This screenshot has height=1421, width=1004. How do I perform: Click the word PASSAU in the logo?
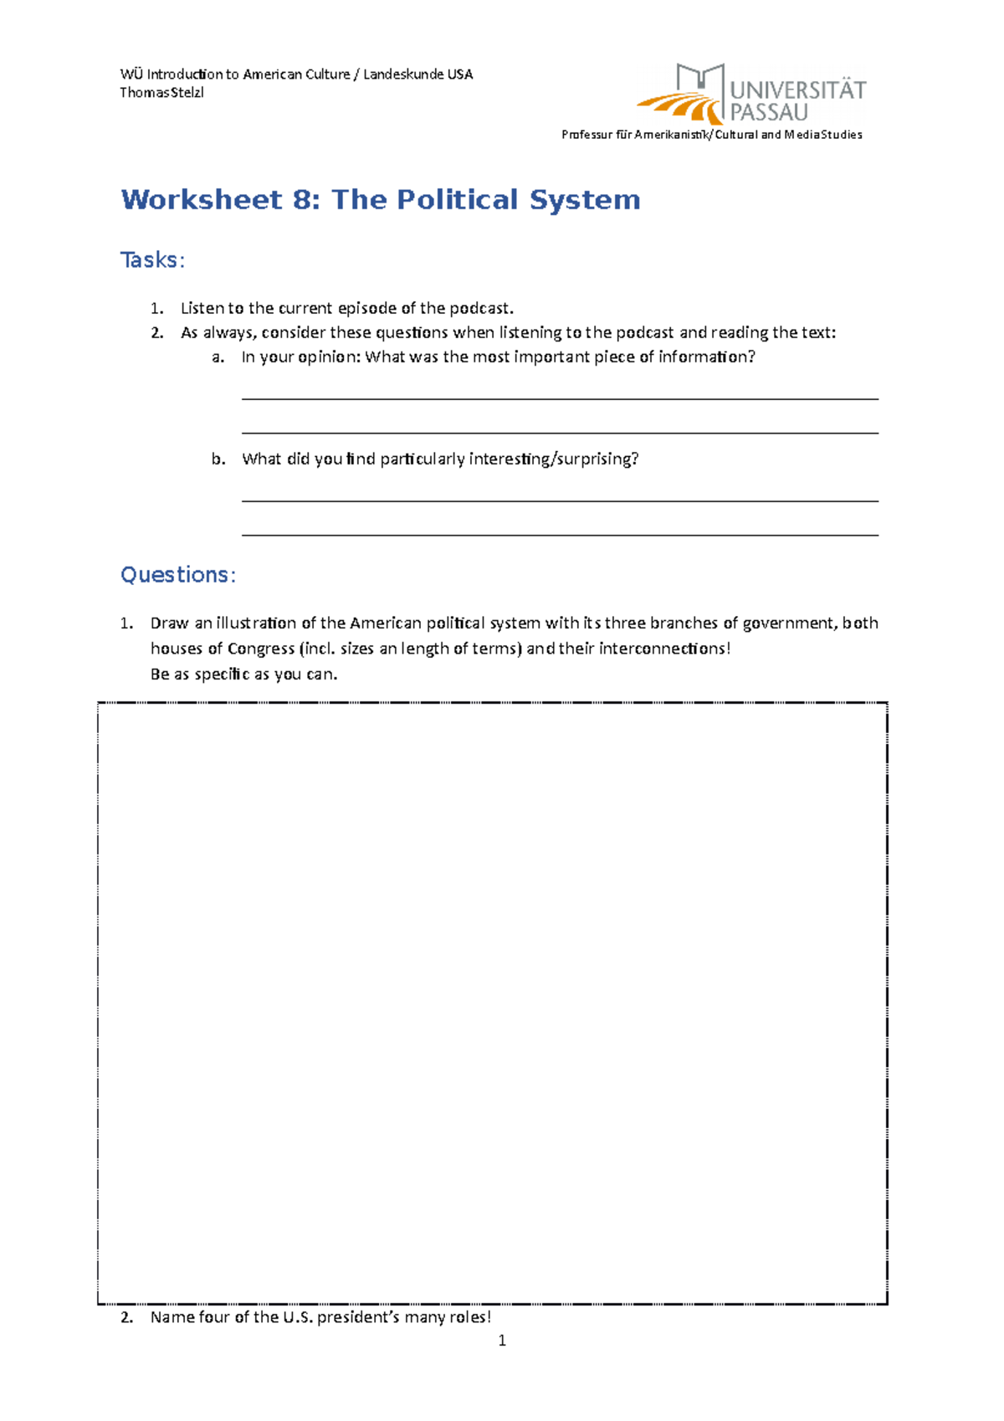[769, 112]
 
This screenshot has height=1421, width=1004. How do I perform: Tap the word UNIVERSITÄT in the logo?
[797, 90]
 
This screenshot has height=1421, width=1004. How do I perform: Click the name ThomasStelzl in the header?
[161, 92]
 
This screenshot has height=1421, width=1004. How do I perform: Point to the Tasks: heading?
[152, 260]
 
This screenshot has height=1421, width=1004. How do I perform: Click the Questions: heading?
[178, 575]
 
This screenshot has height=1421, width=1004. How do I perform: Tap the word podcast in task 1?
[478, 308]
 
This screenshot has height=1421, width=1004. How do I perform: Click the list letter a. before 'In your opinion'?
[218, 357]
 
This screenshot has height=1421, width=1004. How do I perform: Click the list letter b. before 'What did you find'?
[218, 459]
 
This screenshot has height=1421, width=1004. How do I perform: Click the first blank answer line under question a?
[560, 399]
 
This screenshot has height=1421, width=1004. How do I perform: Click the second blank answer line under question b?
[560, 535]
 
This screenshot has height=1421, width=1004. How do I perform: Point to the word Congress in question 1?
[261, 649]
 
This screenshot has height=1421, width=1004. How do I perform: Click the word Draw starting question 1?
[169, 623]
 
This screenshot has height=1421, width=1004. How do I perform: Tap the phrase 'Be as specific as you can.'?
[243, 675]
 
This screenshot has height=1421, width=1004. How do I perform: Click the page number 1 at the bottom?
[502, 1341]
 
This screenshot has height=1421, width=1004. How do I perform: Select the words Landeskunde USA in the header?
[417, 74]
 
